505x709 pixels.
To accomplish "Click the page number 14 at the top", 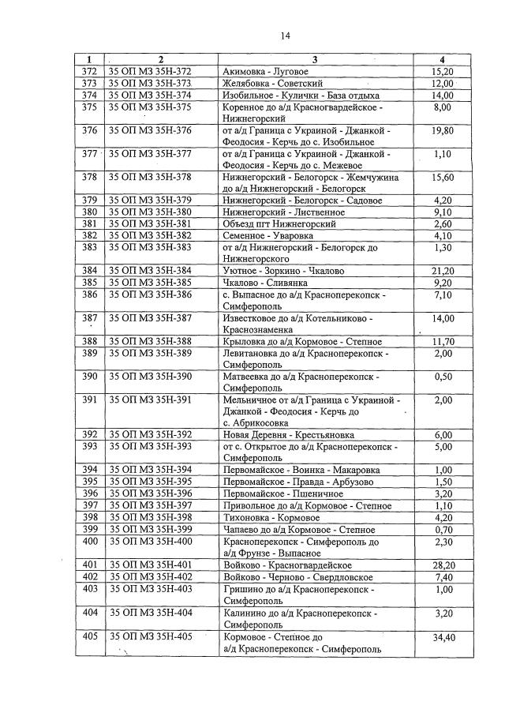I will (x=284, y=36).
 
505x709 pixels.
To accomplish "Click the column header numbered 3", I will (x=315, y=60).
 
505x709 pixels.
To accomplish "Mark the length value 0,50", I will (x=443, y=377).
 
